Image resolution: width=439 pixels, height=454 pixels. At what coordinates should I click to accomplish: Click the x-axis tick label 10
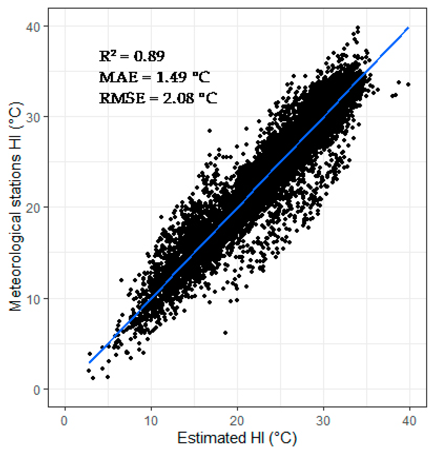click(x=151, y=420)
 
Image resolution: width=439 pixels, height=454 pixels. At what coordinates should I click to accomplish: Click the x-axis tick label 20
click(x=237, y=420)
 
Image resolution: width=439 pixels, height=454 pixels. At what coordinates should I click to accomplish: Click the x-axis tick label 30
click(x=323, y=420)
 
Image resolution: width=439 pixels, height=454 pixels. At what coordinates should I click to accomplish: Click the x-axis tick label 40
click(x=409, y=420)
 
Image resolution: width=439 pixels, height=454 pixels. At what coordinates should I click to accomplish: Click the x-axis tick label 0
click(x=64, y=420)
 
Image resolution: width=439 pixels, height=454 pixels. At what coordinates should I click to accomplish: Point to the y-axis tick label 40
click(x=33, y=27)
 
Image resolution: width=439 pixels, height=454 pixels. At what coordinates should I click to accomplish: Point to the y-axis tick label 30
click(x=33, y=117)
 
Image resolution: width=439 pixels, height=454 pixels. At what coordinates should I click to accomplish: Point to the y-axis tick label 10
click(x=33, y=299)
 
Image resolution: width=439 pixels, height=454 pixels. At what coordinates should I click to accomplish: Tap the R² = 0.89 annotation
click(x=132, y=56)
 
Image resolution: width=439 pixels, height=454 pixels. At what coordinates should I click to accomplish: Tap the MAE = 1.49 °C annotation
click(x=155, y=77)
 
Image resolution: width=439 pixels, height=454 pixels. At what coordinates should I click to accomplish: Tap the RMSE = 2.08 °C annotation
click(x=158, y=98)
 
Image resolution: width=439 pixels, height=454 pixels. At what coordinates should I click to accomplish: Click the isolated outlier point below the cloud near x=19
click(x=225, y=333)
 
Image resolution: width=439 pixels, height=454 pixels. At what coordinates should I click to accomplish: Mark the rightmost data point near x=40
click(x=408, y=84)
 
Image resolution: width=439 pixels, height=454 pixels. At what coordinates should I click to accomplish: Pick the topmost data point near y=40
click(x=358, y=27)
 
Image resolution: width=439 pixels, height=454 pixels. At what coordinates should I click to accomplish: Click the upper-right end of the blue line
click(x=409, y=27)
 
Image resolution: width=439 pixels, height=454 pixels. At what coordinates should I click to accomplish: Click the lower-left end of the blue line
click(x=90, y=362)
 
